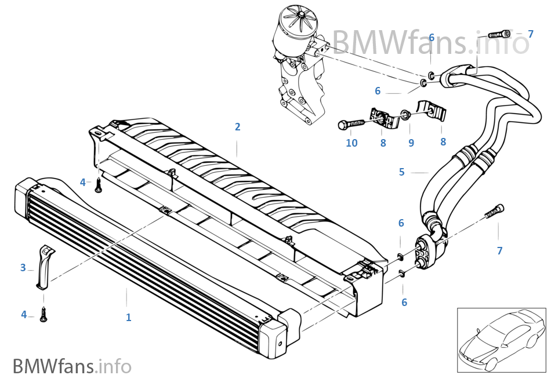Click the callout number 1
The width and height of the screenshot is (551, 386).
[129, 317]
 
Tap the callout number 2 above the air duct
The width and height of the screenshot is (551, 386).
[237, 127]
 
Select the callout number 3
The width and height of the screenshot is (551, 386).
[23, 267]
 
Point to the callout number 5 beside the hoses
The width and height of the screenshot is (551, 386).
[401, 172]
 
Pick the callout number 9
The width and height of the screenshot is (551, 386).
[411, 143]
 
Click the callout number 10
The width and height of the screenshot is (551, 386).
[352, 143]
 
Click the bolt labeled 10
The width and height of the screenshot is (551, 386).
[350, 124]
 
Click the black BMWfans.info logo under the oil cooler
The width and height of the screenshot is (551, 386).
[72, 366]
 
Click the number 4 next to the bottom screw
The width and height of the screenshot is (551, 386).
[24, 314]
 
